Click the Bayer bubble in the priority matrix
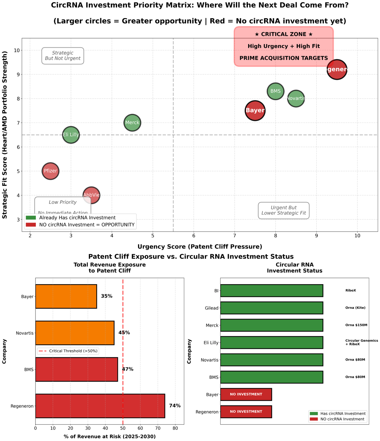(255, 111)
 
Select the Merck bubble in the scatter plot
(132, 123)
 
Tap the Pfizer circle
(50, 171)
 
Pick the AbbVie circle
(92, 195)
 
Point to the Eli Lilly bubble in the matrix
(71, 135)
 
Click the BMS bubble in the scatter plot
(275, 91)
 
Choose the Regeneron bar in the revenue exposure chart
(100, 406)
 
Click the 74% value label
(175, 406)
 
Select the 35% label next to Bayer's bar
(107, 297)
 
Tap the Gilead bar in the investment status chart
(271, 308)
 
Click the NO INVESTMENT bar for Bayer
(246, 395)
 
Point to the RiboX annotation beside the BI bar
(351, 291)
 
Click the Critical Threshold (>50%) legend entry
(68, 351)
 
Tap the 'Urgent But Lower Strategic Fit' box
(284, 211)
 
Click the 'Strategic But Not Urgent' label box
(63, 56)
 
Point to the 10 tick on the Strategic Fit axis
(16, 51)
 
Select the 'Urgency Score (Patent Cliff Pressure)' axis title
(200, 247)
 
